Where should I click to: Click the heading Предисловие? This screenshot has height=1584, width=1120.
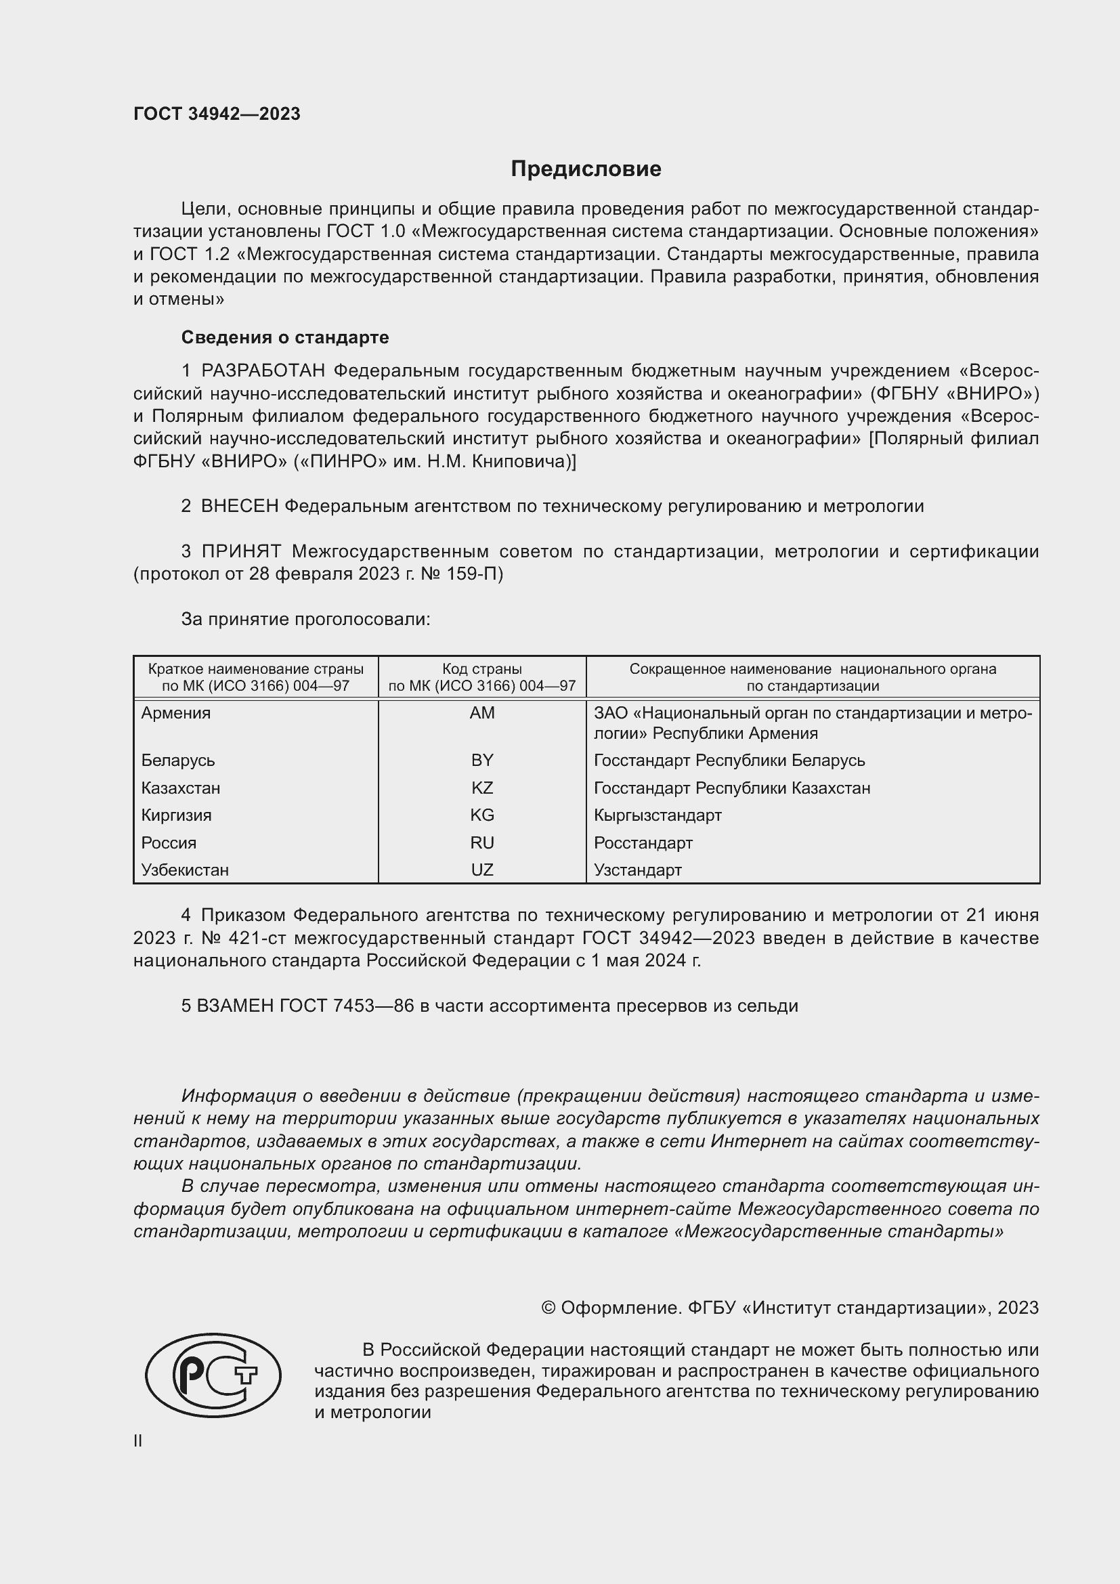click(x=586, y=169)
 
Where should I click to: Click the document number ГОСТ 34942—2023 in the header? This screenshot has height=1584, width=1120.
click(x=217, y=114)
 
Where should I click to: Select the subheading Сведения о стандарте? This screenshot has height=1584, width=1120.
click(x=285, y=337)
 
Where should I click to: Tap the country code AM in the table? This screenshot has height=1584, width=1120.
click(x=482, y=713)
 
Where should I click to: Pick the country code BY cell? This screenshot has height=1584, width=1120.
click(x=482, y=761)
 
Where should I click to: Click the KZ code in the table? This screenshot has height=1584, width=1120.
click(x=482, y=788)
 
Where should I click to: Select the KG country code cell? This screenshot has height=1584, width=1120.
click(x=482, y=815)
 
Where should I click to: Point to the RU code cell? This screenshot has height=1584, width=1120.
click(x=482, y=843)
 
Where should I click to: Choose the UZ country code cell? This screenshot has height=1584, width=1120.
click(x=482, y=870)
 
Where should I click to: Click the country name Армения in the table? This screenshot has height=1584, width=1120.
click(x=176, y=713)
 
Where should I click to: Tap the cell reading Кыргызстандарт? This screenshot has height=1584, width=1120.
click(x=658, y=815)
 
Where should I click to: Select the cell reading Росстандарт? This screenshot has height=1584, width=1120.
click(x=643, y=843)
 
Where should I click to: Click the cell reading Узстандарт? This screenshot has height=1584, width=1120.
click(x=637, y=870)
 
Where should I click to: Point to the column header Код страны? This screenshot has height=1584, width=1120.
click(x=482, y=669)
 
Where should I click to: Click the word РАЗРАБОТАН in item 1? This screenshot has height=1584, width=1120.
click(x=263, y=371)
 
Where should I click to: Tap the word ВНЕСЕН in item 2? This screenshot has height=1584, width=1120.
click(x=239, y=507)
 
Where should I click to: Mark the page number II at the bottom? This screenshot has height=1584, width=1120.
click(x=138, y=1441)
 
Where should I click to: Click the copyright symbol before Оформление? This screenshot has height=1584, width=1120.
click(x=548, y=1308)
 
